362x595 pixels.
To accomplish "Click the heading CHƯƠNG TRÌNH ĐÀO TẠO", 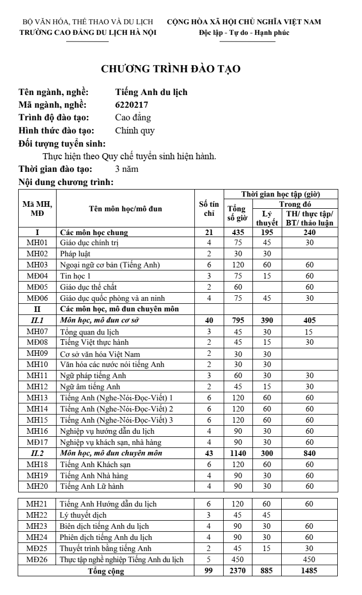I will [x=171, y=69].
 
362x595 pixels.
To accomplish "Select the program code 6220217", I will [x=132, y=105].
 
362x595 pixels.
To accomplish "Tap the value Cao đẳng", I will [x=133, y=117].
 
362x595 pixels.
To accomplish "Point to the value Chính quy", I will [x=135, y=130].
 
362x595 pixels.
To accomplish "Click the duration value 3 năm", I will [x=127, y=169].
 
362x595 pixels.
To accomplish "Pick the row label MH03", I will [x=37, y=264].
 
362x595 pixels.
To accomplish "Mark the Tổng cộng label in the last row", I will [x=106, y=571].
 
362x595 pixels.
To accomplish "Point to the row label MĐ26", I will [x=37, y=560].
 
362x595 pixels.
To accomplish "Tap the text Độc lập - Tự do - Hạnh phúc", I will [x=244, y=33].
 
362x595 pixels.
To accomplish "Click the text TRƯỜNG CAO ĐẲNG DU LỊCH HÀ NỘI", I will [x=87, y=33].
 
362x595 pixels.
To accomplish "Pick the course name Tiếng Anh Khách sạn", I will [x=91, y=465].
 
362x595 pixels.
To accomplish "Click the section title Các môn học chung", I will [x=94, y=233].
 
